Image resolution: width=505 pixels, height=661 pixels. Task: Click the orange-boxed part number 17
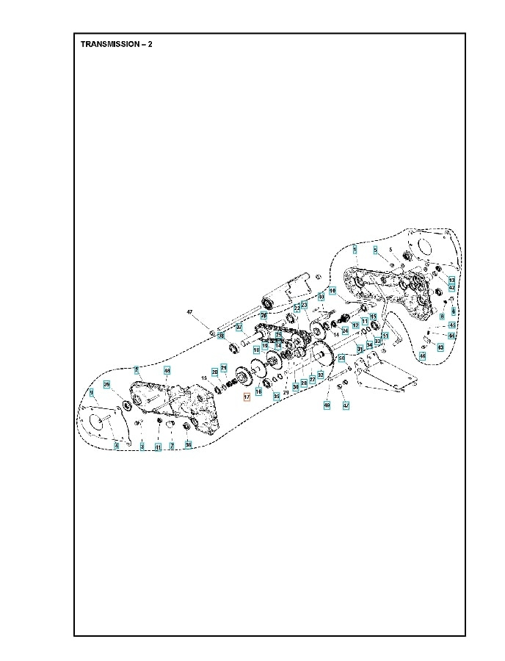coord(247,396)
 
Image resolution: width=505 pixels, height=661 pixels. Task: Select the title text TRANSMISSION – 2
coord(116,44)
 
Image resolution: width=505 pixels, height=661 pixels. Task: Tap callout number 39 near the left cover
coord(106,384)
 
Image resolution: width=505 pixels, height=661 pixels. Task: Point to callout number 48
coord(167,371)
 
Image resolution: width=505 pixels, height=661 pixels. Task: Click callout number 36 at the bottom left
coord(188,444)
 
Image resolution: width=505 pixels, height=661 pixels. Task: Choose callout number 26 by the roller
coord(264,315)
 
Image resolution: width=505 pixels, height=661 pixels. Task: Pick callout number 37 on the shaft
coord(239,327)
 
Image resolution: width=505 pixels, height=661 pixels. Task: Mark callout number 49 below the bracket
coord(327,405)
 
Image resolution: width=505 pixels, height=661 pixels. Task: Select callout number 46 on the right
coord(422,356)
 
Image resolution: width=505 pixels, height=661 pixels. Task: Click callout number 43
coord(440,346)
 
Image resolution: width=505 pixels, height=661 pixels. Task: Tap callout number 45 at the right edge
coord(452,325)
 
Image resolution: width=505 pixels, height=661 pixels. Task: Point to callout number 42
coord(451,287)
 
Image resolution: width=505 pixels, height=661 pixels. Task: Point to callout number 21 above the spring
coord(225,367)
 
